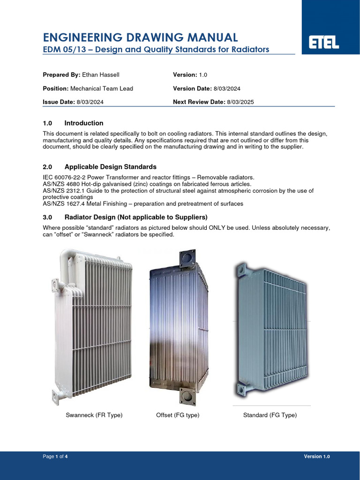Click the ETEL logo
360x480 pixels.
(323, 44)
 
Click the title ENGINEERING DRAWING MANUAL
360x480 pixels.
(140, 37)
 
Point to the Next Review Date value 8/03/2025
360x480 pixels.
(240, 102)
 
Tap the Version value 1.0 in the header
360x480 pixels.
(203, 75)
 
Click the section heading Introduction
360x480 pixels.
(84, 123)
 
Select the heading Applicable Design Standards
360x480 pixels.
(111, 167)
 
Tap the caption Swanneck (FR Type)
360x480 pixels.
(94, 415)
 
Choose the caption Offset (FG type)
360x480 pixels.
(178, 415)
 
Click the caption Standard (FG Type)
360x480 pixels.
(270, 415)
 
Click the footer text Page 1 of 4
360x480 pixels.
(55, 457)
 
